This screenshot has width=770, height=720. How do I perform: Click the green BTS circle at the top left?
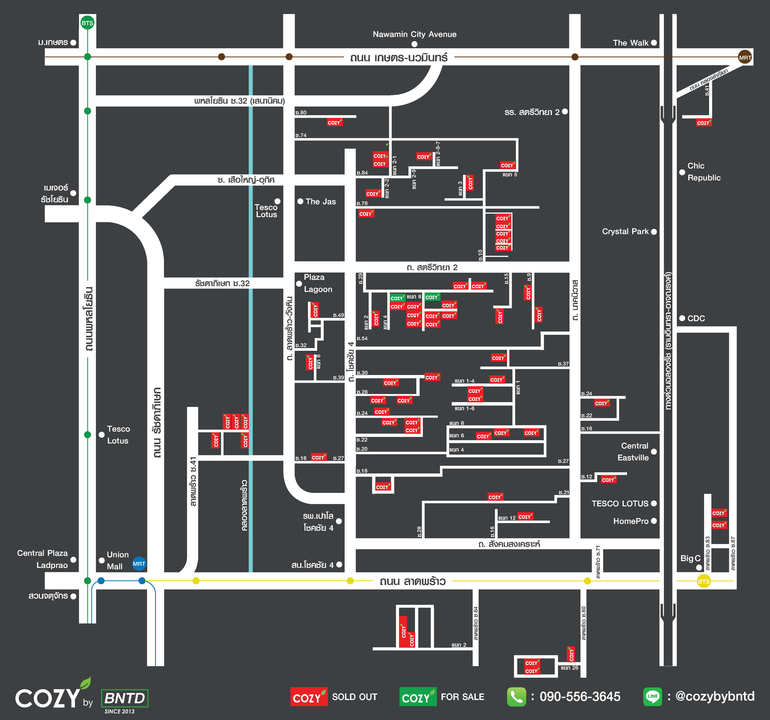click(x=87, y=23)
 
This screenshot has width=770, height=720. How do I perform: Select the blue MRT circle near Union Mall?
click(x=139, y=564)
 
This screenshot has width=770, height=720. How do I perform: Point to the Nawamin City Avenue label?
click(x=414, y=34)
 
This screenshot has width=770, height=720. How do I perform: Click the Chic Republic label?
click(x=704, y=172)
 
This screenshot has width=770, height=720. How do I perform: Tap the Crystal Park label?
click(x=625, y=231)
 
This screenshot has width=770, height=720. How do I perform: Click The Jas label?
click(x=321, y=202)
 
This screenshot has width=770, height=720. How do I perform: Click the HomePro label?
click(x=631, y=521)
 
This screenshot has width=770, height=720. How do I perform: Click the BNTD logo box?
click(x=124, y=698)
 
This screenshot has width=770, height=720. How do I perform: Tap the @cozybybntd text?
click(x=715, y=696)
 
